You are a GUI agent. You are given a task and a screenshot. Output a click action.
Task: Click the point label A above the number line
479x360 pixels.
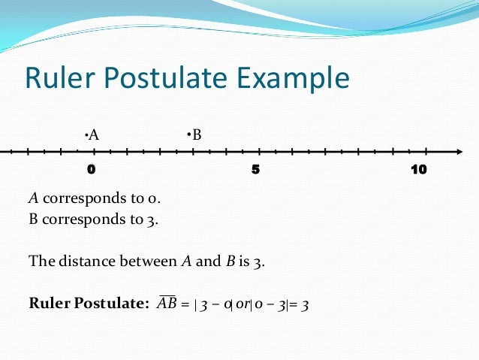click(94, 135)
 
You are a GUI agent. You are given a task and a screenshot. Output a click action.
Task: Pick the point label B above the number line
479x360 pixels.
click(196, 135)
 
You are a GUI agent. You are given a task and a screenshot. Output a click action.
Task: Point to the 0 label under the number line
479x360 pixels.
click(91, 169)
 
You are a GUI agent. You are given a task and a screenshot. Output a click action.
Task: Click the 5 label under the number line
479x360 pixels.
click(256, 169)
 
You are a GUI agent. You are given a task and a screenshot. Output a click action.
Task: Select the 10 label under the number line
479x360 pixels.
click(418, 169)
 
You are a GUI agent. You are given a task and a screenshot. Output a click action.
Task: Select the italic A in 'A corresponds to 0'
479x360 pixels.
click(33, 199)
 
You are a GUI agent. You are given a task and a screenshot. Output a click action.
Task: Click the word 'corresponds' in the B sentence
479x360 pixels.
click(77, 221)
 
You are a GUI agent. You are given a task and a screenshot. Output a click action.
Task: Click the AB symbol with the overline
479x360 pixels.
click(167, 304)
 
